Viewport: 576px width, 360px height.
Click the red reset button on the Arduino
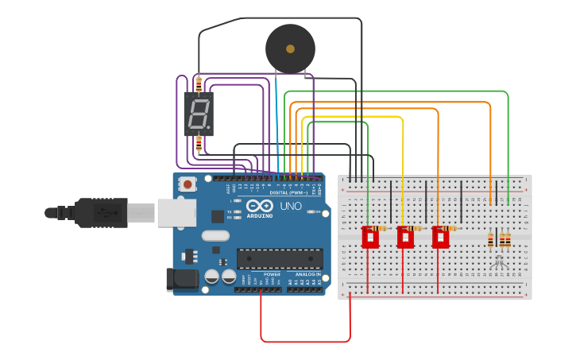[x=187, y=184]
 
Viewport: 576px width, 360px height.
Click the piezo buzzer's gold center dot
[x=290, y=49]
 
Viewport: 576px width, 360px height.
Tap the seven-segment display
[x=199, y=114]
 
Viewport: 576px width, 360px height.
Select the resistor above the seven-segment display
[x=198, y=83]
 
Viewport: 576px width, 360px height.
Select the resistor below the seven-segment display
[x=198, y=144]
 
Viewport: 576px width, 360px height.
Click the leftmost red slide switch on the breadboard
[x=370, y=237]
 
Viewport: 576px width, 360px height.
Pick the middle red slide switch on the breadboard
[x=405, y=237]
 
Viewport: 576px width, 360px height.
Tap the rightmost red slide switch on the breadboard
[x=440, y=237]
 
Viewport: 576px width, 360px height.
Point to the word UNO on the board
[x=291, y=207]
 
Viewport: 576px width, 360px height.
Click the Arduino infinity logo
[x=260, y=206]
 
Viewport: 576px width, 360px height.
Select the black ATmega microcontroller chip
[x=280, y=259]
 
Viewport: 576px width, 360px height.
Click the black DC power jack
[x=180, y=279]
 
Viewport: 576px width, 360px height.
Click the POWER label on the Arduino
[x=272, y=274]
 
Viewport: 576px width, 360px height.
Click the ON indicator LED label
[x=317, y=211]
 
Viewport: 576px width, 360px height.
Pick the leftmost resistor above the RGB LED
[x=491, y=239]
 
